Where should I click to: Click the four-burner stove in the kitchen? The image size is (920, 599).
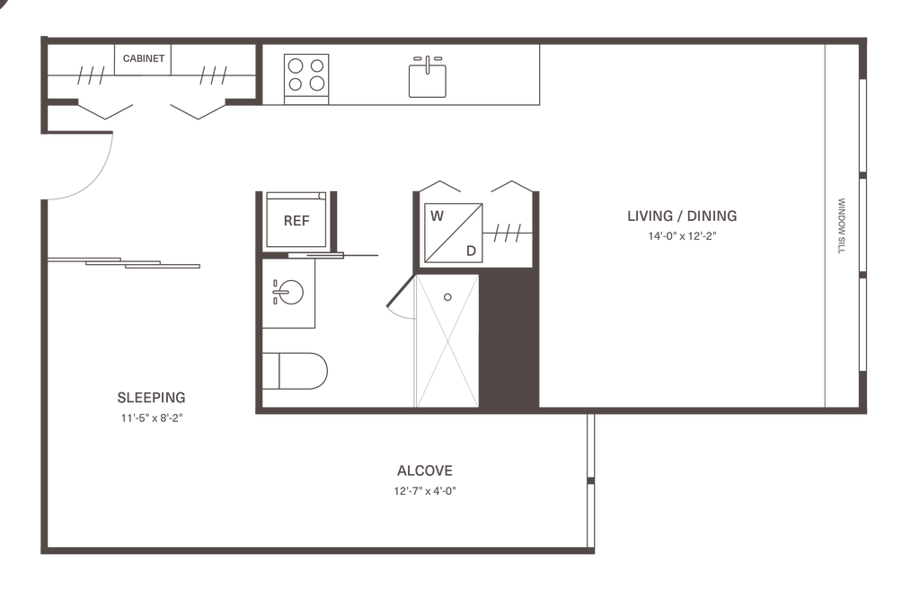coord(306,75)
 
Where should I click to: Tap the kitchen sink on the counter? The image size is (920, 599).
coord(427,77)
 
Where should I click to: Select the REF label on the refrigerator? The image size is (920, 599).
coord(294,220)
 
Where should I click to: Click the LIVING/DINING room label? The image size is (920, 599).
coord(683,216)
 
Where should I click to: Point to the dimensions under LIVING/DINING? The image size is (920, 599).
coord(683,236)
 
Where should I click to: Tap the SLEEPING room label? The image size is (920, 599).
coord(152,397)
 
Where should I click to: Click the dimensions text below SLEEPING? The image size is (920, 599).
coord(152,418)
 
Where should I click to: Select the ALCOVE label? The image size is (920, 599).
coord(425,470)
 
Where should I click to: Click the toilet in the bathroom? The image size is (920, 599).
coord(297,370)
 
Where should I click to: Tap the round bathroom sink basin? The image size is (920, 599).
coord(292,290)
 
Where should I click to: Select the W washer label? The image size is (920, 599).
coord(437,216)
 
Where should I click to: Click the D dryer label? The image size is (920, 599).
coord(470,251)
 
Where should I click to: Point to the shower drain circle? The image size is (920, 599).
coord(448,295)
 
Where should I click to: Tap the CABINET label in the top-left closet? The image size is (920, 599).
coord(144,59)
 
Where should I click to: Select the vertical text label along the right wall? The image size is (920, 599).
coord(843,226)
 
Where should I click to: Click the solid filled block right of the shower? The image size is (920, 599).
coord(510,337)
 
